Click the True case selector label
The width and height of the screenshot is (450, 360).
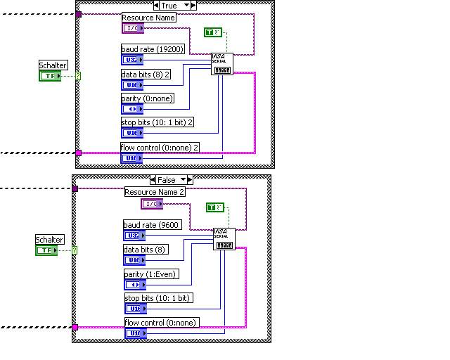click(169, 6)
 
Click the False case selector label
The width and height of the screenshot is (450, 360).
click(167, 180)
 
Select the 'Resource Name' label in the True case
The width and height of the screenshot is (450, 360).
click(148, 18)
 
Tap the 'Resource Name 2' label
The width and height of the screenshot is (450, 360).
click(154, 192)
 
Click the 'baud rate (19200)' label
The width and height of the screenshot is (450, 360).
click(150, 49)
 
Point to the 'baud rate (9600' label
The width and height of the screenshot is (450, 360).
click(152, 225)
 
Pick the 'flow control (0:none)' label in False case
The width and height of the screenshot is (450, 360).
click(162, 323)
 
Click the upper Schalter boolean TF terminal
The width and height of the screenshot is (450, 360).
click(49, 75)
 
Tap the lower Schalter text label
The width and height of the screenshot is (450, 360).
click(49, 240)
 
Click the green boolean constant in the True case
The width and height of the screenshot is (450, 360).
click(212, 32)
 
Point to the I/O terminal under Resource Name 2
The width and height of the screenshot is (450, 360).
click(151, 204)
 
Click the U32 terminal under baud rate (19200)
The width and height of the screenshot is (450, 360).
click(131, 60)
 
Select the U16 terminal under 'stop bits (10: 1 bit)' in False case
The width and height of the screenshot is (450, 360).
click(134, 309)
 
